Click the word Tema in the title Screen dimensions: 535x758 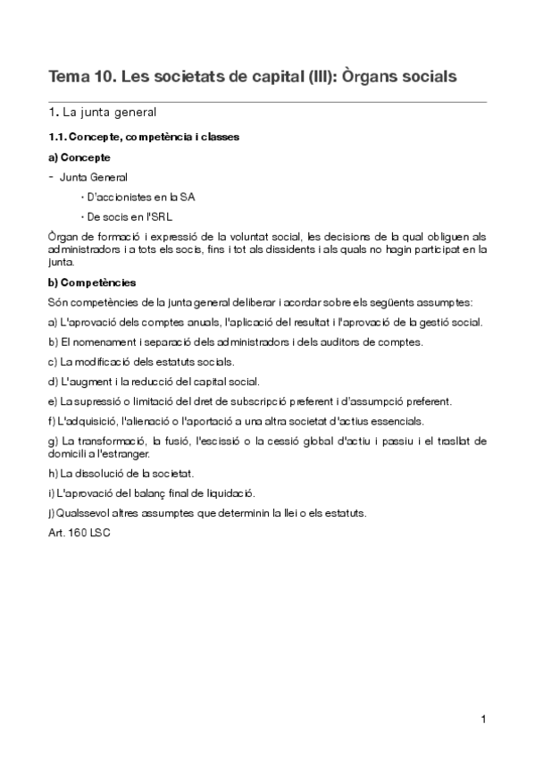(68, 77)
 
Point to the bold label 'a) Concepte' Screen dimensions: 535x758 (79, 156)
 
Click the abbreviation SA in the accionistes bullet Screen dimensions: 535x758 (187, 197)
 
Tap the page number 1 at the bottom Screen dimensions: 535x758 (482, 720)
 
